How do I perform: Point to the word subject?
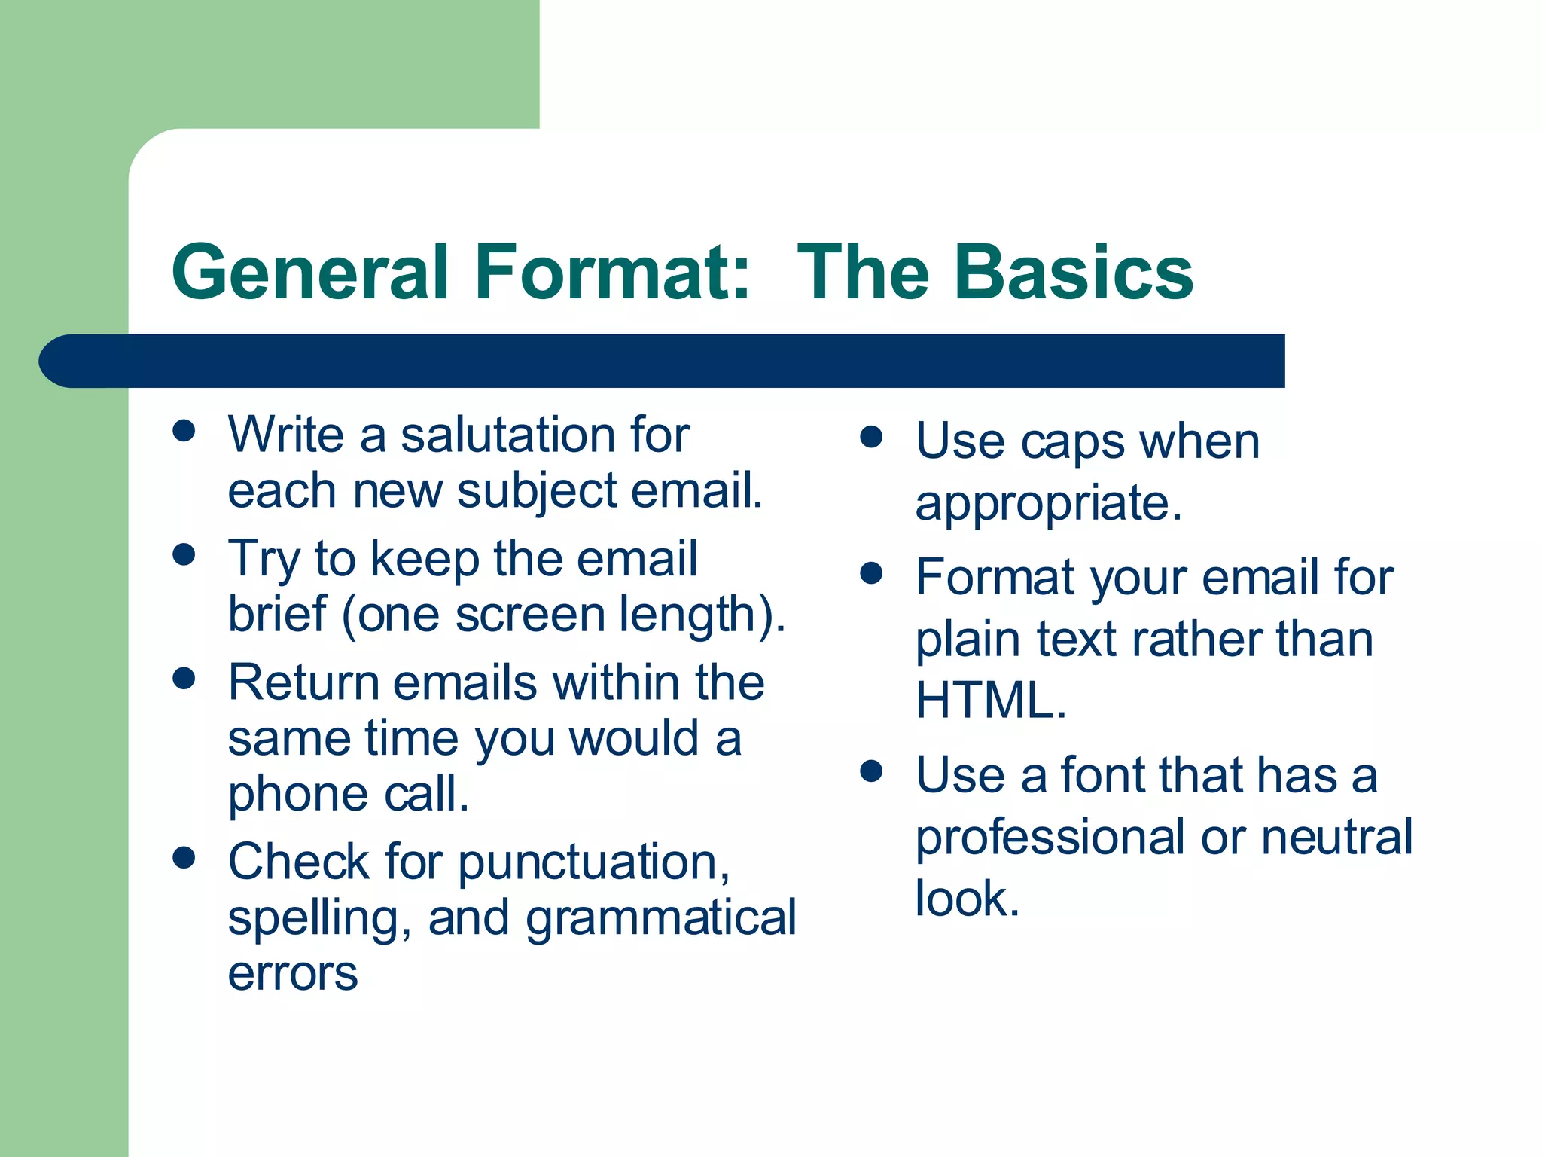pyautogui.click(x=536, y=492)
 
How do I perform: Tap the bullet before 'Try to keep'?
pyautogui.click(x=184, y=555)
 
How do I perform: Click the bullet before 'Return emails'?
pyautogui.click(x=184, y=678)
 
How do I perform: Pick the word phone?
pyautogui.click(x=298, y=795)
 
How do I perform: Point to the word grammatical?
pyautogui.click(x=660, y=919)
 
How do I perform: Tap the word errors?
pyautogui.click(x=293, y=973)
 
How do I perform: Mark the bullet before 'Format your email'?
pyautogui.click(x=871, y=574)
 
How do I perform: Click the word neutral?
pyautogui.click(x=1336, y=838)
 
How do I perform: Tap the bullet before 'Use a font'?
pyautogui.click(x=871, y=771)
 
